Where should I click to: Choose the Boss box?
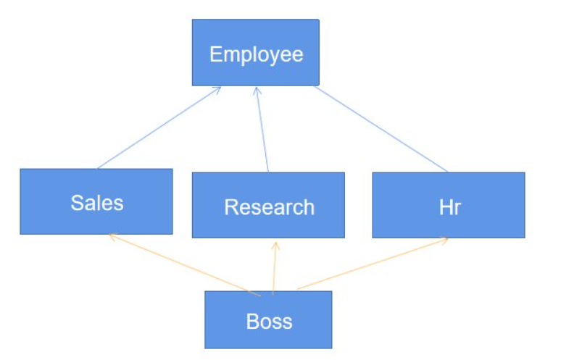268,332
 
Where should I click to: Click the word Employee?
256,54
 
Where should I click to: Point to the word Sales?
97,203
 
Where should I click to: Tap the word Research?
269,207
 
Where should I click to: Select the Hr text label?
449,207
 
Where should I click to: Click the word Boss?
269,321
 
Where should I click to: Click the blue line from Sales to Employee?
159,127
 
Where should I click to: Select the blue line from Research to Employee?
262,130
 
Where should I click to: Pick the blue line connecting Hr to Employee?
381,129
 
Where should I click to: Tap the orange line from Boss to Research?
274,268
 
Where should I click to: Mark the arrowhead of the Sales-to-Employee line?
217,88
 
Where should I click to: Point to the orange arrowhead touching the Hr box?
445,240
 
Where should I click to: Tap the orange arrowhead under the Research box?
275,244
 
